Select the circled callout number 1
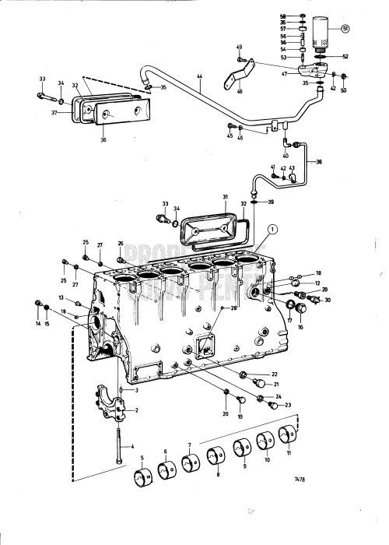pos(271,229)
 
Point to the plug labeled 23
pos(272,404)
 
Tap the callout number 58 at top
pos(303,16)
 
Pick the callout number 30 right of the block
pos(328,300)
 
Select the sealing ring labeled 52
pos(321,56)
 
